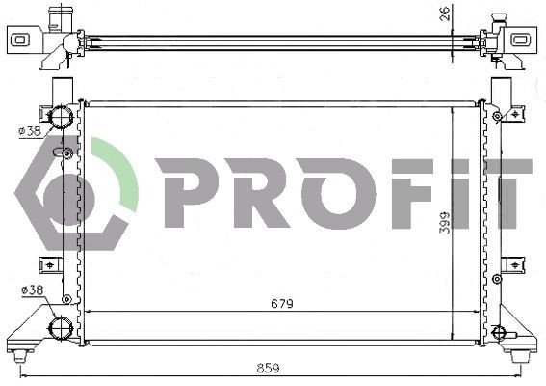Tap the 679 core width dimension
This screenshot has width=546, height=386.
click(x=282, y=302)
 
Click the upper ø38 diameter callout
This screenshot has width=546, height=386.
click(x=30, y=130)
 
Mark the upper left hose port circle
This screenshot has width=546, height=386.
click(x=62, y=119)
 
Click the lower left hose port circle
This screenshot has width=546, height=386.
click(x=62, y=328)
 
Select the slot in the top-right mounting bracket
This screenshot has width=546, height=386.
click(x=521, y=41)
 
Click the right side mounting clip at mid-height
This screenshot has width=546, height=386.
click(x=512, y=264)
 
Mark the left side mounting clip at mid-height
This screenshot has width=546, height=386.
click(x=46, y=264)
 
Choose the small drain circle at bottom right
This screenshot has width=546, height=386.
click(x=498, y=334)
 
